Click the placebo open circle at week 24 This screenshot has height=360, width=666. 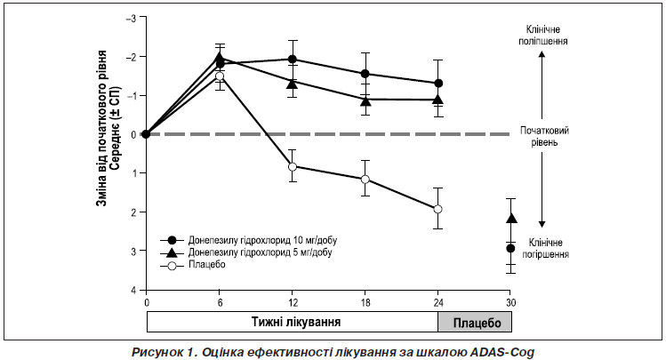click(437, 209)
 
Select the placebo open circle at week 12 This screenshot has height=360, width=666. click(293, 166)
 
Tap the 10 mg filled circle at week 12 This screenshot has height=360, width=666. click(293, 60)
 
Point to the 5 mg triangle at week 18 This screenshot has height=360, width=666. click(365, 100)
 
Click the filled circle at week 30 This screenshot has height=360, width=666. click(510, 249)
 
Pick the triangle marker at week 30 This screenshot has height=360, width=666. click(510, 218)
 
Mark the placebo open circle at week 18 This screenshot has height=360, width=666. click(365, 180)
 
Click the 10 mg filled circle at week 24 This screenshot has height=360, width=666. click(437, 84)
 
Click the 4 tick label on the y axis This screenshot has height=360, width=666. click(132, 291)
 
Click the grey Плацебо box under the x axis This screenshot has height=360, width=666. click(474, 320)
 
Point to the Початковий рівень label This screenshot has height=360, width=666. click(545, 135)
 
